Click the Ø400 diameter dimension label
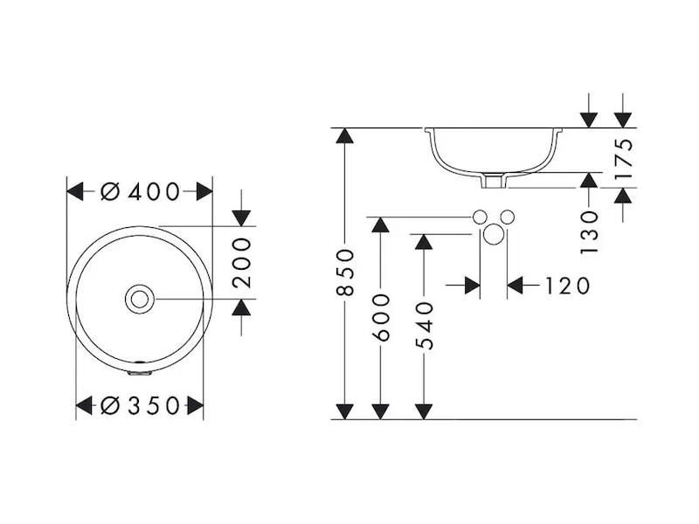coord(140,192)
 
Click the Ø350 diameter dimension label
coord(140,406)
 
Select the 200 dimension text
coord(243,263)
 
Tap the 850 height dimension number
coord(344,272)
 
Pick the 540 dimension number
coord(424,326)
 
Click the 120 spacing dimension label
coord(567,286)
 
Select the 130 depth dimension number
coord(589,232)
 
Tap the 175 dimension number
coord(624,159)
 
